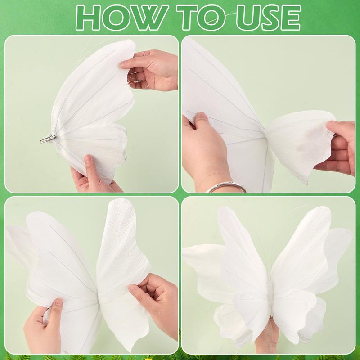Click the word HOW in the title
[x=122, y=18]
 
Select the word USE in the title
[x=269, y=18]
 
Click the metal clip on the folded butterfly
[x=48, y=139]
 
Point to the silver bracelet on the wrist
[x=226, y=186]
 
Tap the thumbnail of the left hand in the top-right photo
[x=202, y=116]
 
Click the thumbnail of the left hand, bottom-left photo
[x=59, y=302]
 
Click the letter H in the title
[x=88, y=18]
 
